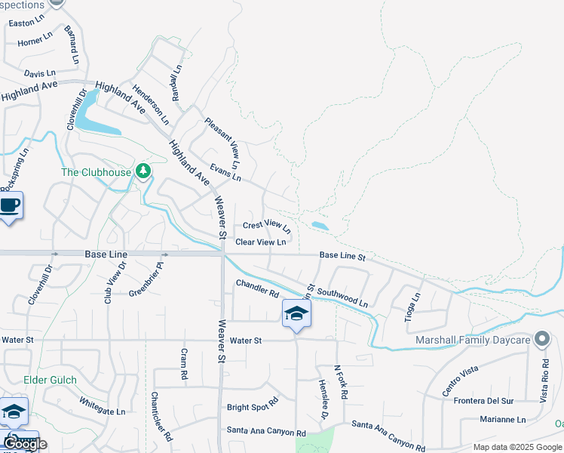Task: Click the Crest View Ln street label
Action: click(266, 225)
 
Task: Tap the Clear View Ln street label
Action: click(260, 242)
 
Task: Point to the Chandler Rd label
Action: click(257, 288)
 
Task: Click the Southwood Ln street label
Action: click(342, 296)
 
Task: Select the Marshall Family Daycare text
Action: click(473, 340)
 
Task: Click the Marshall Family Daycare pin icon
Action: click(541, 339)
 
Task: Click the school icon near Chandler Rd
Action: click(296, 314)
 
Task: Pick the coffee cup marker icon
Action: click(9, 205)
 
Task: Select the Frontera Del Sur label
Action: click(483, 401)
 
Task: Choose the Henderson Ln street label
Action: click(149, 103)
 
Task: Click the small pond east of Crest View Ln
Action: click(320, 226)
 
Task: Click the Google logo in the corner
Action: click(24, 443)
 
